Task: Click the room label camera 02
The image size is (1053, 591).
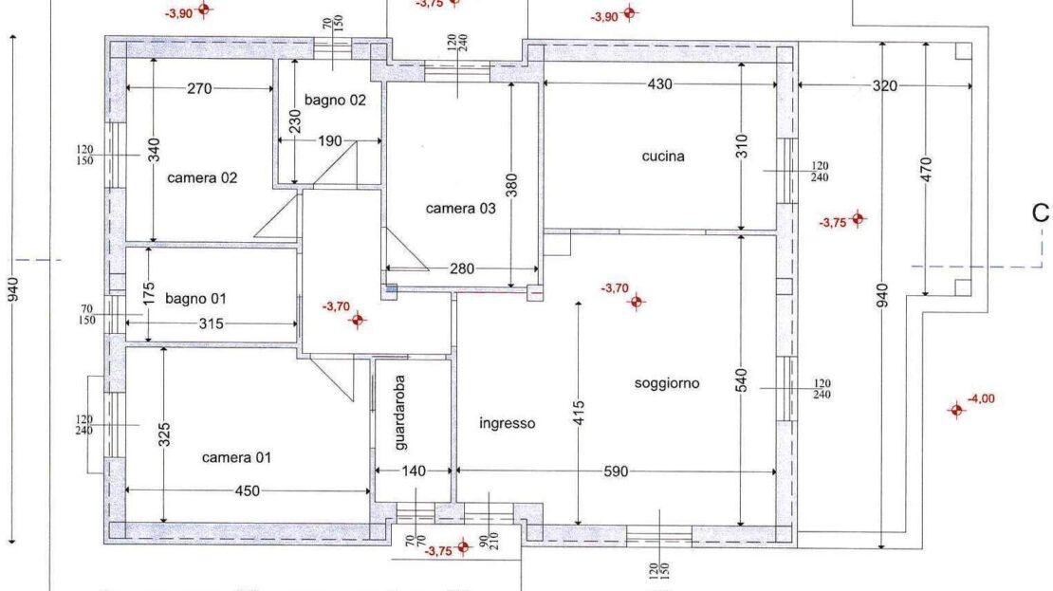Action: [x=202, y=178]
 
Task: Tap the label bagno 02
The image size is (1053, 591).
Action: [x=335, y=100]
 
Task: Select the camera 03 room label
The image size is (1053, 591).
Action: [x=461, y=208]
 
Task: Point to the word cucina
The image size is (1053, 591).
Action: [x=663, y=157]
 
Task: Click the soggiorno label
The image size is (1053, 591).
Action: [x=667, y=383]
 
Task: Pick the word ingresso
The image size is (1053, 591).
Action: [x=507, y=423]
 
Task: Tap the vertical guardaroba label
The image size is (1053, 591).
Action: [x=399, y=413]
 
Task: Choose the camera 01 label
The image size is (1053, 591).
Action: [x=236, y=457]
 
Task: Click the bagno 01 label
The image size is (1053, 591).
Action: [x=195, y=298]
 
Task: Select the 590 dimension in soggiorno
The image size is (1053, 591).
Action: [x=616, y=471]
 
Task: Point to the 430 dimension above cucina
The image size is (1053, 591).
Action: [x=659, y=84]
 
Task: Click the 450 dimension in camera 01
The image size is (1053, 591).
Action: [x=248, y=491]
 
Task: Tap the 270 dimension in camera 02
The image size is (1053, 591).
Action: [x=199, y=88]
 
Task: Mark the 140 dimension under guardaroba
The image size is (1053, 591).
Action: [x=414, y=471]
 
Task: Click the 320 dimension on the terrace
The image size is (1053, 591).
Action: [x=884, y=86]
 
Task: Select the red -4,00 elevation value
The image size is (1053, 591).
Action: [x=981, y=398]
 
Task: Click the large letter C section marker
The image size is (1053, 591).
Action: [x=1041, y=212]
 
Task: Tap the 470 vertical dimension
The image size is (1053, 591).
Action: [x=926, y=169]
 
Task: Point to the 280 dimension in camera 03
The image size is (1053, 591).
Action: [x=462, y=268]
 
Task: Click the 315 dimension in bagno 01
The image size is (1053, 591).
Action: [x=211, y=323]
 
